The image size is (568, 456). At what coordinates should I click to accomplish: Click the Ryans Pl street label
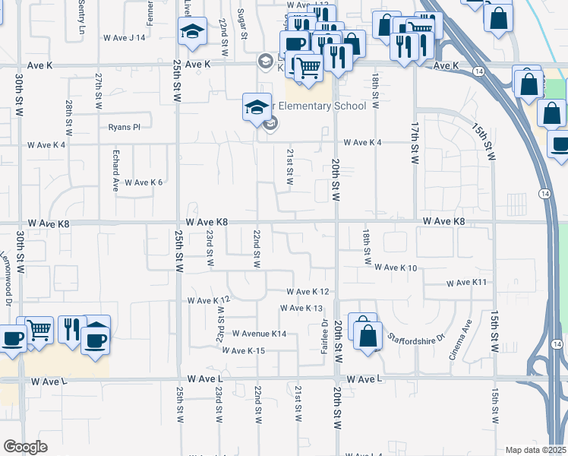point(125,127)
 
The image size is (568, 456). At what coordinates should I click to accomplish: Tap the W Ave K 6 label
point(144,182)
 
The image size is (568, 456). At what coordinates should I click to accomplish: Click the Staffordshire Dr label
point(415,337)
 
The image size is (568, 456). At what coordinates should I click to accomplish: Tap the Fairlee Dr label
point(324,333)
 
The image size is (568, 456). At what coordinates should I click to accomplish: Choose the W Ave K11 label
point(465,283)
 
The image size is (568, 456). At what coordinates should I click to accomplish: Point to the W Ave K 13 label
point(301,308)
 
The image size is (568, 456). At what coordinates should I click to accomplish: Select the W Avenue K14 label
point(259,334)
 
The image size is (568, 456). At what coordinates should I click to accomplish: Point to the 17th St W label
point(415,144)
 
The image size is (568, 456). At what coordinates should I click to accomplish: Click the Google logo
point(25,447)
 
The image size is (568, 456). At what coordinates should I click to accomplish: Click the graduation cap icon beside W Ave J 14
point(192,33)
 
